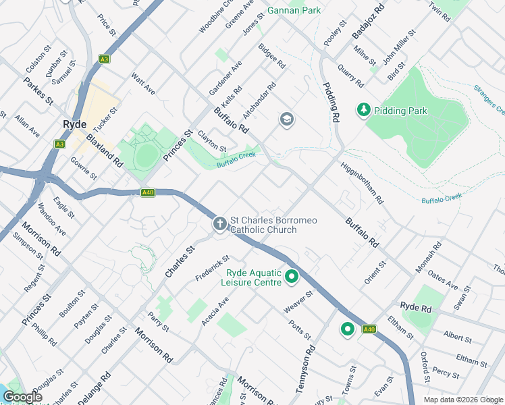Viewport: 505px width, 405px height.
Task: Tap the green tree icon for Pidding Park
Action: tap(364, 109)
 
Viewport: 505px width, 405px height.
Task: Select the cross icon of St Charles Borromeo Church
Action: tap(219, 224)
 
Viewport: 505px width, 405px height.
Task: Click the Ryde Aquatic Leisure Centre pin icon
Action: tap(292, 277)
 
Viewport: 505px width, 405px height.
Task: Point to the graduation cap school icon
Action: tap(287, 120)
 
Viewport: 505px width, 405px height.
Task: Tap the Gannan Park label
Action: tap(294, 10)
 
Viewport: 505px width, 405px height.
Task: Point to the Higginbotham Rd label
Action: tap(362, 183)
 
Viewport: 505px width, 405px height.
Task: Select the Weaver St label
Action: tap(299, 302)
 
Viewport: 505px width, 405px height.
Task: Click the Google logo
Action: tap(22, 397)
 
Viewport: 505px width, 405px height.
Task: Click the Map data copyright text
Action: tap(463, 399)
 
